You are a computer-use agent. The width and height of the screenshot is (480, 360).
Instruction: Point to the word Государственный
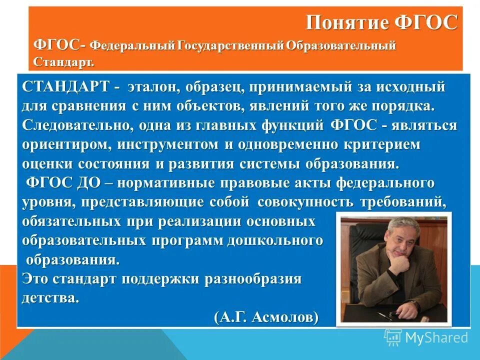coord(230,46)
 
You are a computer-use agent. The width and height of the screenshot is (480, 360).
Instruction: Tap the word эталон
coord(153,87)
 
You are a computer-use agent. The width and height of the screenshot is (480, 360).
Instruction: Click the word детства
coord(50,298)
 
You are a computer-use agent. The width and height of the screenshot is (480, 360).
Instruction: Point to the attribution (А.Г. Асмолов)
coord(266,317)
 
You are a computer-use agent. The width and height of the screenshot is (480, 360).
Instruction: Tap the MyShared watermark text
coord(436,337)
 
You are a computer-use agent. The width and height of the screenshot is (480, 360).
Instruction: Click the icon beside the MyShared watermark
coord(392,337)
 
